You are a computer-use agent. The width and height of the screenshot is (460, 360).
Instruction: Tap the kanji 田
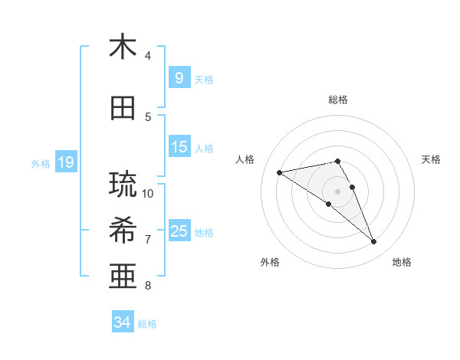(123, 109)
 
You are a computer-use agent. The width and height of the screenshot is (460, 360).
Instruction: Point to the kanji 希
(123, 229)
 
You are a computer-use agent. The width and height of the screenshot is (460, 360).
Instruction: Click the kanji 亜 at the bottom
(123, 274)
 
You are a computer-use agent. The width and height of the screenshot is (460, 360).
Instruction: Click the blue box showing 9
(179, 77)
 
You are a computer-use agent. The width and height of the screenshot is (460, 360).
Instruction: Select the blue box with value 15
(179, 147)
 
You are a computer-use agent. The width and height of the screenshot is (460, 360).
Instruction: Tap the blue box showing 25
(179, 231)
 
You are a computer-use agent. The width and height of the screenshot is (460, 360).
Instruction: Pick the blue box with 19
(65, 162)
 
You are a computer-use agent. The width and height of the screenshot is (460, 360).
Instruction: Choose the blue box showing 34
(123, 322)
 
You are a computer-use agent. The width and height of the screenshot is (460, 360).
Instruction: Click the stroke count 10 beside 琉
(148, 193)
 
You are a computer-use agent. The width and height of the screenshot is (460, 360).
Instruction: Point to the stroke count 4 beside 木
(148, 55)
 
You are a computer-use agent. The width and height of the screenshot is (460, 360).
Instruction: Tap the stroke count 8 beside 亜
(148, 286)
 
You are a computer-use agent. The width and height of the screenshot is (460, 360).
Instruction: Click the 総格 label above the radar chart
(338, 100)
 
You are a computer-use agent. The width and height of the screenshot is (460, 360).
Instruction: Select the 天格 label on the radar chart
(431, 159)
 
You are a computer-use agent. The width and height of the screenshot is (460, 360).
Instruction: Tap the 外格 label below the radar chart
(270, 262)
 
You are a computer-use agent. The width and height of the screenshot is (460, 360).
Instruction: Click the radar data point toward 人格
(280, 172)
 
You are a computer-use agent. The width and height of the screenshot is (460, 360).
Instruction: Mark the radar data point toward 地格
(374, 242)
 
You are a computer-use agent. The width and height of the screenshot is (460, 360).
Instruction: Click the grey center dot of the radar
(338, 191)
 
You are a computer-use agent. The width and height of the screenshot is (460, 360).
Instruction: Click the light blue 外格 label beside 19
(40, 163)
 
